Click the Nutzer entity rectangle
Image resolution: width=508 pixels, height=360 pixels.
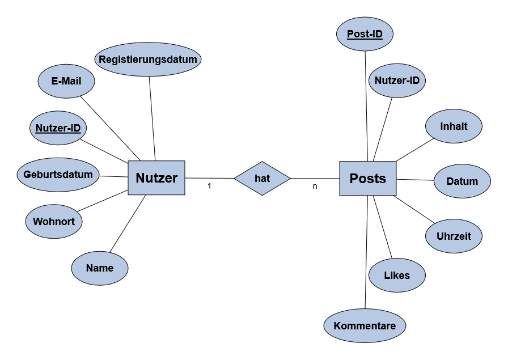pyautogui.click(x=156, y=178)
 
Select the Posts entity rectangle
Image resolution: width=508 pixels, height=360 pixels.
pyautogui.click(x=367, y=179)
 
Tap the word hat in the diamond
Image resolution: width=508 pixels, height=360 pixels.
pyautogui.click(x=262, y=179)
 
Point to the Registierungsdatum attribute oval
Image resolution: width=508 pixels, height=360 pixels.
pyautogui.click(x=148, y=60)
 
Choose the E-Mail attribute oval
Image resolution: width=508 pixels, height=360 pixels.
pyautogui.click(x=66, y=81)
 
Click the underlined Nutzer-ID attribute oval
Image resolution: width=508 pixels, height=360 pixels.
pyautogui.click(x=58, y=128)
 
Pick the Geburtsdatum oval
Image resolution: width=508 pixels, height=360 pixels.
pyautogui.click(x=58, y=175)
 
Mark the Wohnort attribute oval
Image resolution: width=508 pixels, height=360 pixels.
pyautogui.click(x=54, y=221)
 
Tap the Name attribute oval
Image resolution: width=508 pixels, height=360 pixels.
pyautogui.click(x=100, y=268)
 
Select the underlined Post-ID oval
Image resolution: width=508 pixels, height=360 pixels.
pyautogui.click(x=365, y=34)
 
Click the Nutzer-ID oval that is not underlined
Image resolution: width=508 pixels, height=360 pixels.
pyautogui.click(x=397, y=81)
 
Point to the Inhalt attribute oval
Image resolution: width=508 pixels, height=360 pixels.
pyautogui.click(x=454, y=126)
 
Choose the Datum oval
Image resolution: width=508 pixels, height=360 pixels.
pyautogui.click(x=462, y=181)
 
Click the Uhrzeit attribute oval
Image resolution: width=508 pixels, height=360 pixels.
pyautogui.click(x=454, y=236)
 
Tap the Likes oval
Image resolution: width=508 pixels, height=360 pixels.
pyautogui.click(x=397, y=276)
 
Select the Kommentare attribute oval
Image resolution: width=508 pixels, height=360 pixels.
pyautogui.click(x=365, y=326)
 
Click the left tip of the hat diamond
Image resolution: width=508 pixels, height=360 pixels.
pyautogui.click(x=236, y=179)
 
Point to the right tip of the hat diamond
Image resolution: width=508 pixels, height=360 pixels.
pyautogui.click(x=289, y=179)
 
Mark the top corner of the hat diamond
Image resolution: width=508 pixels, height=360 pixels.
pyautogui.click(x=262, y=163)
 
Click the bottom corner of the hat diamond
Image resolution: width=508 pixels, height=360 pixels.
pyautogui.click(x=262, y=194)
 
